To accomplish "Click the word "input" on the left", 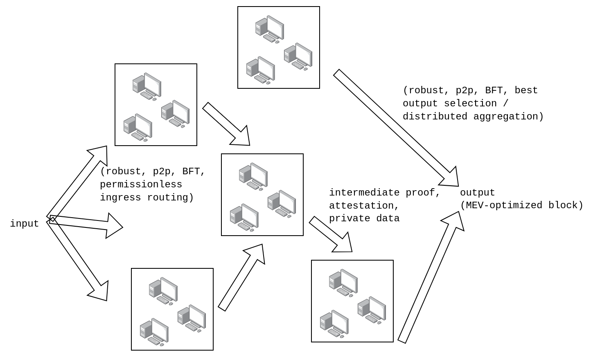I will pos(24,224).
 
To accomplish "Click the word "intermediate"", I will pos(364,193).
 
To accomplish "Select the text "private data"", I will pos(364,218).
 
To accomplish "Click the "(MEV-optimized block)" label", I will pos(521,205).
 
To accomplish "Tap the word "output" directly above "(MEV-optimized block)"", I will pos(477,193).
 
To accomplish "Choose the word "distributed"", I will pos(435,117).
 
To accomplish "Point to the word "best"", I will pos(526,90).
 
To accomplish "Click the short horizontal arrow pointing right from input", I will pos(86,224).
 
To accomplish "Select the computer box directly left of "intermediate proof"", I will pos(262,195).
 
